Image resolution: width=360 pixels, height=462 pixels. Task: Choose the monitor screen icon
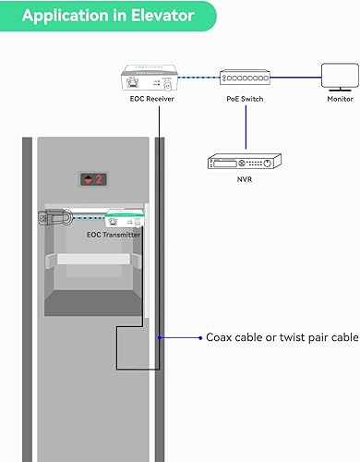pyautogui.click(x=333, y=74)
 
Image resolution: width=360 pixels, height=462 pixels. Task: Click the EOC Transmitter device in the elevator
pyautogui.click(x=124, y=220)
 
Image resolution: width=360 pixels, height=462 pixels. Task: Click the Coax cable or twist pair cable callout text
pyautogui.click(x=282, y=338)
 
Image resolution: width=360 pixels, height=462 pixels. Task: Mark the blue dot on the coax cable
pyautogui.click(x=161, y=338)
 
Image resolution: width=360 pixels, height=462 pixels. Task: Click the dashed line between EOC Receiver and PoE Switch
pyautogui.click(x=199, y=77)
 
